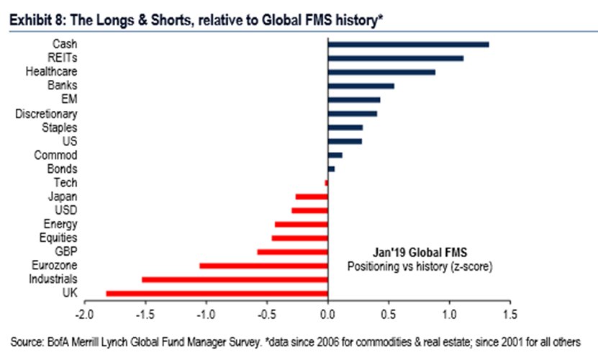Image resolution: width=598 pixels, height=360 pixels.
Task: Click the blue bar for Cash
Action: point(408,45)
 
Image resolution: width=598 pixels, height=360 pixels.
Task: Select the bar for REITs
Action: point(395,58)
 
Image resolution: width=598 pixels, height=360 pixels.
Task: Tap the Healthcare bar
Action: point(381,72)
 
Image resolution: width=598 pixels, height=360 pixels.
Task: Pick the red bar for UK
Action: point(217,293)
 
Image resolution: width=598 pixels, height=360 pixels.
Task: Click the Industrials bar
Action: point(235,279)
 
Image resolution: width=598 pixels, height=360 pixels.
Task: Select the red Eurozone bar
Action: point(263,266)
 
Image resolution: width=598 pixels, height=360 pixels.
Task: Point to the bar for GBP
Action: point(292,252)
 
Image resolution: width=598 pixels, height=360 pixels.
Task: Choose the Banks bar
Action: point(361,86)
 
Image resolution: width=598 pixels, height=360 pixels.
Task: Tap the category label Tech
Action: point(66,183)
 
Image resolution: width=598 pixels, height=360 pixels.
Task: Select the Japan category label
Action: point(63,197)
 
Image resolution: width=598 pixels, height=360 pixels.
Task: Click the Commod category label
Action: point(56,155)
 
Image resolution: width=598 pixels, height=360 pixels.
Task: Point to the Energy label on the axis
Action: point(60,224)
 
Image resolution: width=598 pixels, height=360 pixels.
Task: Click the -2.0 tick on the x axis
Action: point(84,314)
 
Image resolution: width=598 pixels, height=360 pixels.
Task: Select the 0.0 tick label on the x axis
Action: point(327,314)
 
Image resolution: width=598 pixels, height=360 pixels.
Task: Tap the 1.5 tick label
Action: point(510,314)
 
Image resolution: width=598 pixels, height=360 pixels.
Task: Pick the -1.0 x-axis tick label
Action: point(206,314)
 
